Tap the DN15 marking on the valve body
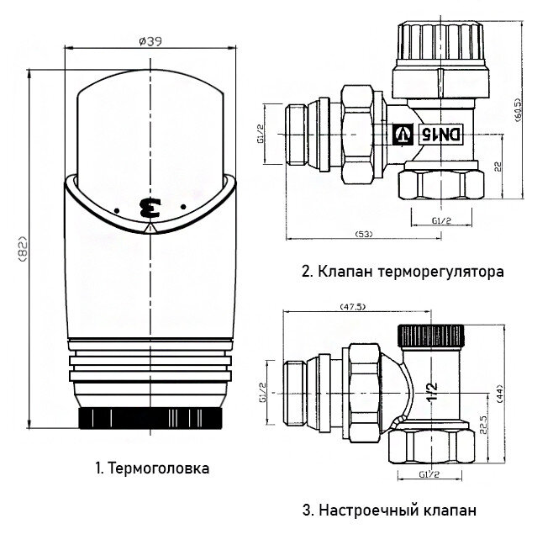434,133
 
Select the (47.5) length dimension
351,307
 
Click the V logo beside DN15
404,133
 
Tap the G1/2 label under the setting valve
430,475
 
